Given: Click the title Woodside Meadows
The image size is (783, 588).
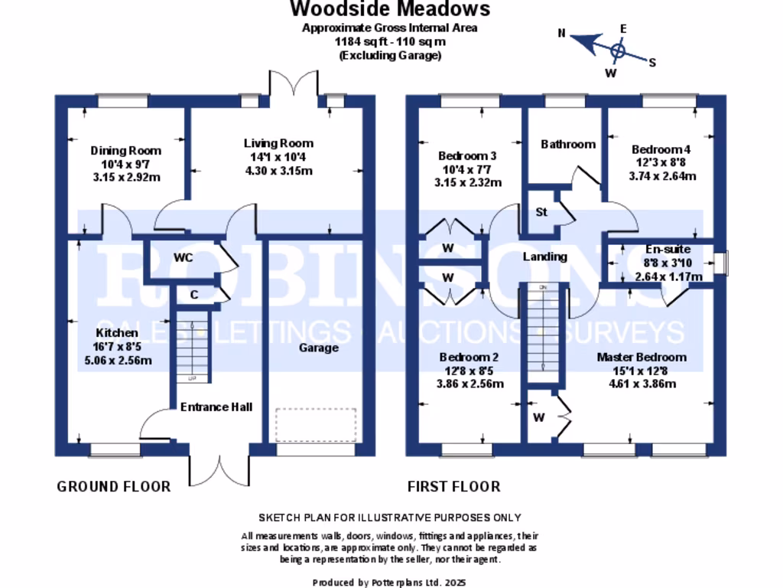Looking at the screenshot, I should coord(390,9).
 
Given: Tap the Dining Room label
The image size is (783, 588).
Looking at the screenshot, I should coord(125,150).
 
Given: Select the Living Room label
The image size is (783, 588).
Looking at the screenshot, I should coord(278,143).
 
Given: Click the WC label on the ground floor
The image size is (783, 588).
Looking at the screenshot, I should coord(183,257).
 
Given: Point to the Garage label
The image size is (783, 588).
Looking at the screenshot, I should coord(318,348).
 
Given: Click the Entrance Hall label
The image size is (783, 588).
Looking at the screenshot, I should coord(216,407).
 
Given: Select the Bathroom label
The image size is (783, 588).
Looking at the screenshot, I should coord(567,144).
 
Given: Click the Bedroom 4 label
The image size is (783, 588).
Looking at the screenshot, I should coord(661,149).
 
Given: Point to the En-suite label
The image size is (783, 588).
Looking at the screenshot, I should coord(668,250).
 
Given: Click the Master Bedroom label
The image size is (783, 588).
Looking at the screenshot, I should coord(641,357).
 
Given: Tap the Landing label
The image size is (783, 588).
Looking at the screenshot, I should coord(544,256).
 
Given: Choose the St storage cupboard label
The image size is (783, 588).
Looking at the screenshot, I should coord(541,212).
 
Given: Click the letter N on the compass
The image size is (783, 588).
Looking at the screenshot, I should coord(561,33).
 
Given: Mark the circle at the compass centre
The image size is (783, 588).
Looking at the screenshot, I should coord(618,51).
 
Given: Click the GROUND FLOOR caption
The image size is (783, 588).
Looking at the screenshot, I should coord(113,486).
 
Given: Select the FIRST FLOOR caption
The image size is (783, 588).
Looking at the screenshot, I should coord(453,486).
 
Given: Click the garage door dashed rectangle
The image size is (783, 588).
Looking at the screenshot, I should coord(315,425).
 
